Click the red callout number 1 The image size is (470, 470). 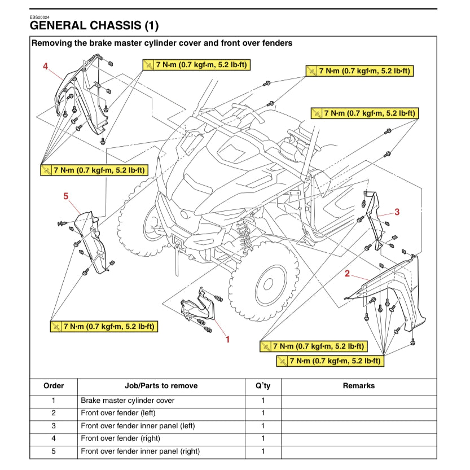tap(227, 339)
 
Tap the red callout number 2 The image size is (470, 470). tap(348, 274)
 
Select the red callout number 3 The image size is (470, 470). tap(397, 212)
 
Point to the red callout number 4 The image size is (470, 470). tap(46, 66)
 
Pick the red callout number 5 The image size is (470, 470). tap(66, 196)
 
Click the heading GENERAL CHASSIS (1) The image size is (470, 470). tap(94, 25)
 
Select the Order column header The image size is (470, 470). tap(54, 386)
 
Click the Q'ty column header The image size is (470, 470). tap(262, 386)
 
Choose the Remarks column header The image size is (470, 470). tap(358, 386)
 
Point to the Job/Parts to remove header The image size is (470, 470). tap(161, 386)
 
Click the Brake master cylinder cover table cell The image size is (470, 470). tap(128, 401)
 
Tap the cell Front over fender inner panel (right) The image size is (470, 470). tap(140, 451)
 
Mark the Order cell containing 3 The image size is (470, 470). tap(54, 426)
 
